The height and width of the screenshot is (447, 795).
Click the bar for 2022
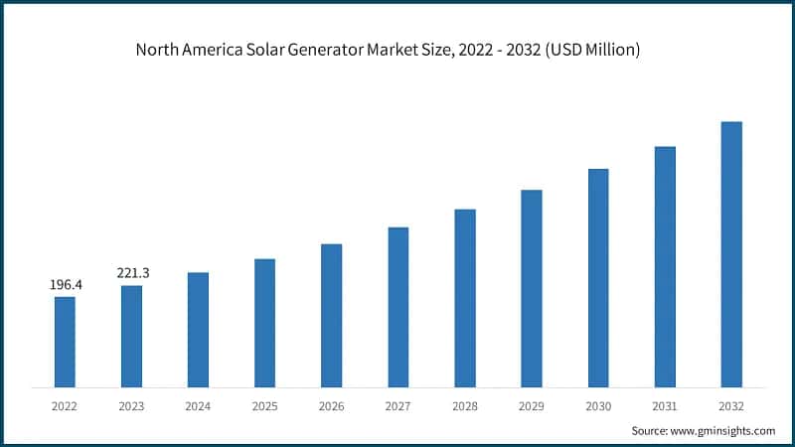click(x=65, y=342)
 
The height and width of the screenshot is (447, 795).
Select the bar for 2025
click(x=264, y=323)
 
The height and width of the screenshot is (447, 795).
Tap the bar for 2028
click(x=465, y=298)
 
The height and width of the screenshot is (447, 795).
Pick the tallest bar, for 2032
click(x=731, y=254)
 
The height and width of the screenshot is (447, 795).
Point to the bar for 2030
click(x=598, y=278)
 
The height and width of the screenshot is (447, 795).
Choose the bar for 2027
click(x=398, y=307)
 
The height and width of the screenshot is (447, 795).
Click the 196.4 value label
click(x=66, y=285)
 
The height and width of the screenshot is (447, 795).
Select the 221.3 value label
click(x=132, y=272)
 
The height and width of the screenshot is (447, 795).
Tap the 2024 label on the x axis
click(x=198, y=406)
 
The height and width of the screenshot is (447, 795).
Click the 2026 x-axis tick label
click(x=331, y=406)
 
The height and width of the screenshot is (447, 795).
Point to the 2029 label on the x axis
click(x=532, y=406)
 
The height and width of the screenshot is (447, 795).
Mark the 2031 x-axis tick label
click(x=665, y=406)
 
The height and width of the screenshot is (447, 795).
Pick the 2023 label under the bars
click(x=131, y=406)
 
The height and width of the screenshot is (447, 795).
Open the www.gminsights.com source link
click(x=722, y=431)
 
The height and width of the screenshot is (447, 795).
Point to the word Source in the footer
click(x=650, y=431)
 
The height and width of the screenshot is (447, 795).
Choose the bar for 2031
click(x=665, y=267)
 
